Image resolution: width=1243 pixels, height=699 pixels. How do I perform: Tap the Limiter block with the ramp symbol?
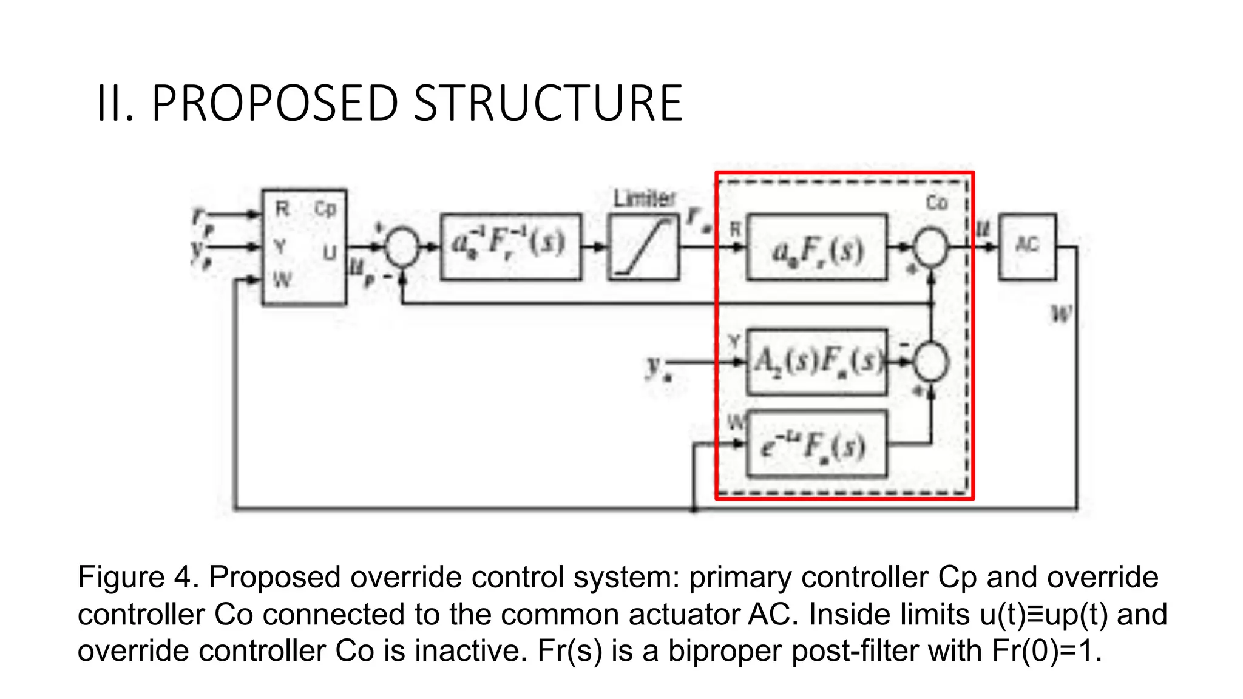pos(643,246)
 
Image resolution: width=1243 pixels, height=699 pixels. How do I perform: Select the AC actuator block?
pos(1027,246)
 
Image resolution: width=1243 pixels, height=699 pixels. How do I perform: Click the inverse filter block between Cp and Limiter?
pos(510,246)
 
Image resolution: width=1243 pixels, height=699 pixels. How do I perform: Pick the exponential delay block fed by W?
pos(816,445)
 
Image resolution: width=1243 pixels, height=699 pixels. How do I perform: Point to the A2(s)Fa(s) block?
pos(816,362)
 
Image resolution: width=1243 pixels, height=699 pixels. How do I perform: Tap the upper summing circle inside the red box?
pos(930,246)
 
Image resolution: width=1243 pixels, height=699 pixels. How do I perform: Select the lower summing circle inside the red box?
pos(930,362)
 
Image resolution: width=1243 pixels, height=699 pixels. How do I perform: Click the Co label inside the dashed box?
pos(936,203)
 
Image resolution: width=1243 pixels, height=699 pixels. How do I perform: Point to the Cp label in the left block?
pos(325,209)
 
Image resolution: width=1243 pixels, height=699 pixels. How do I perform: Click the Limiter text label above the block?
pos(644,198)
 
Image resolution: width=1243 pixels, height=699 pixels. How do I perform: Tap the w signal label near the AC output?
pos(1061,314)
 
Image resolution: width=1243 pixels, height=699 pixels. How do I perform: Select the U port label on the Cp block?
pos(330,252)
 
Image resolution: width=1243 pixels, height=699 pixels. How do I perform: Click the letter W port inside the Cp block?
pos(282,280)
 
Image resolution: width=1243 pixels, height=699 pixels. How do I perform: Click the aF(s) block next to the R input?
pos(816,248)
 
